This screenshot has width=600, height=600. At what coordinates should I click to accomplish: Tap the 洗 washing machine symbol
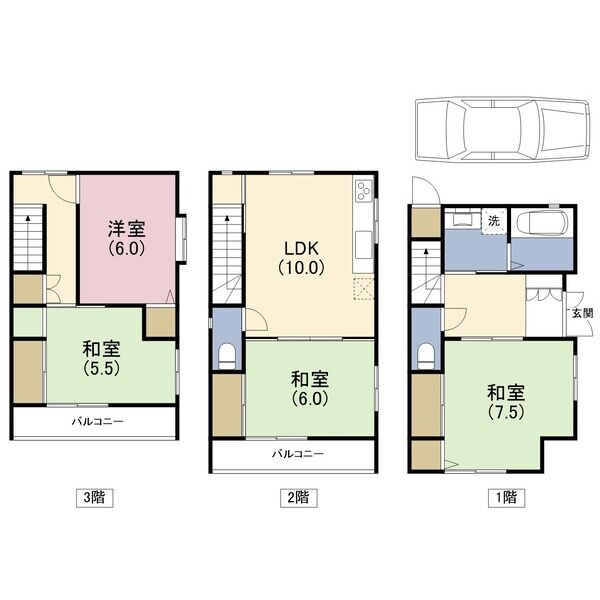493,220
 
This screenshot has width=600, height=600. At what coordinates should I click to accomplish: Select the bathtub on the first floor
540,224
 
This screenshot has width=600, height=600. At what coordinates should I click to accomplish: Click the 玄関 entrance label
581,313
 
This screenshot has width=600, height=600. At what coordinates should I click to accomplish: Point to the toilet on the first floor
427,355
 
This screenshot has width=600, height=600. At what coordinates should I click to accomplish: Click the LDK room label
301,247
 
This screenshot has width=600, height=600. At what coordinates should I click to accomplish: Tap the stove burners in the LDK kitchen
362,191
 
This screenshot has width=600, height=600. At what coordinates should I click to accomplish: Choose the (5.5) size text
102,367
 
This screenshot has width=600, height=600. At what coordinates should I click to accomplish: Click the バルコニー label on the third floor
97,421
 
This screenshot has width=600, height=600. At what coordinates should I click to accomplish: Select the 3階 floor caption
92,496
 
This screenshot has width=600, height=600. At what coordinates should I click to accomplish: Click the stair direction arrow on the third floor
28,215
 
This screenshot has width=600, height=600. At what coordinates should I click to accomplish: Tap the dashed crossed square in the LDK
362,290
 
